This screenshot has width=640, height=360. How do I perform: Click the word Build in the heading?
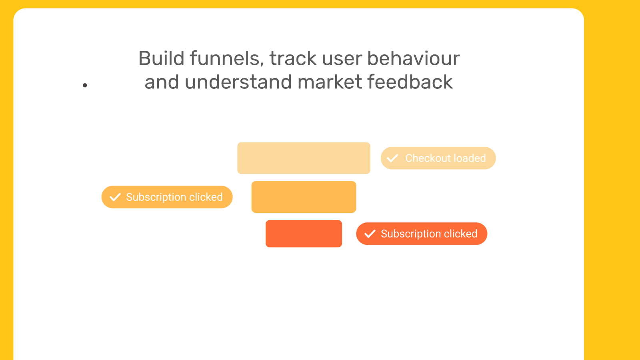coord(162,58)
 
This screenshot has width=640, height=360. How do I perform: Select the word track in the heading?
coord(293,58)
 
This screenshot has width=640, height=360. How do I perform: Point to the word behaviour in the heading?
coord(414,58)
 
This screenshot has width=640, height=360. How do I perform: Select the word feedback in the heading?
coord(410,82)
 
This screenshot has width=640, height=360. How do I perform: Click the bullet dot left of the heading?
coord(85,85)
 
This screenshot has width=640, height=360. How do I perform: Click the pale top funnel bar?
coord(304,158)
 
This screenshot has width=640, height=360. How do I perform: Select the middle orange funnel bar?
coord(304,197)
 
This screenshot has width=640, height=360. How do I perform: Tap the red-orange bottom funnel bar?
coord(304,234)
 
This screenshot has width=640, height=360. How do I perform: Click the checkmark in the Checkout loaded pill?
coord(392,158)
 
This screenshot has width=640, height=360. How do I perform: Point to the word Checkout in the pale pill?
coord(428,158)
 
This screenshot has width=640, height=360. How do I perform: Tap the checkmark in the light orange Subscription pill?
coord(115,197)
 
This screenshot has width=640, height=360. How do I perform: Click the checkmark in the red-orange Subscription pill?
coord(370,234)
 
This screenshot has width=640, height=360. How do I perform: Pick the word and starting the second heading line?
coord(162,82)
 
